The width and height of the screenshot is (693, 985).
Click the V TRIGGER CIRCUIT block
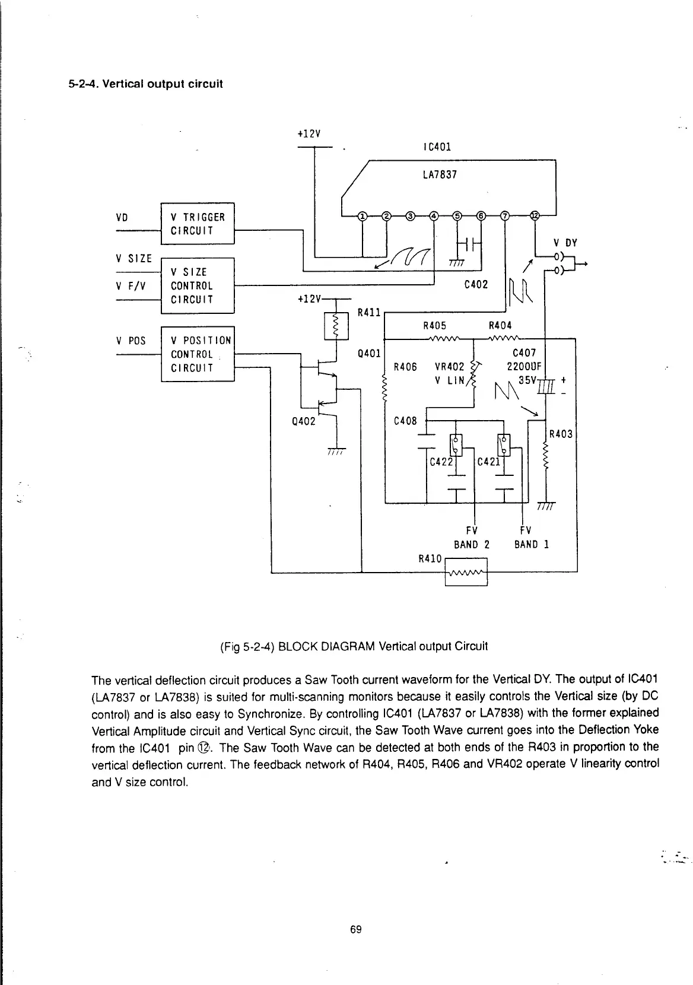198,224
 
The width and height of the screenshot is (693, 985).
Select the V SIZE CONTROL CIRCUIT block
198,285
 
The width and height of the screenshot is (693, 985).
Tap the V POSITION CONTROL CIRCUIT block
198,354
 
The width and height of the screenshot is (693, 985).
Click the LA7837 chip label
440,175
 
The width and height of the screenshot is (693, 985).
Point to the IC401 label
438,147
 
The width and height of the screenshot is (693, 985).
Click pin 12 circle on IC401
534,215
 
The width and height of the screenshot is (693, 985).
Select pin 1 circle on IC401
362,215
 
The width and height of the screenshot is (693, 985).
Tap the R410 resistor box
466,572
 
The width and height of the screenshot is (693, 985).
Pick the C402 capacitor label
476,284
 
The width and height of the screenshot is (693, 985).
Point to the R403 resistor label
561,434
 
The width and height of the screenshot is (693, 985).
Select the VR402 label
449,367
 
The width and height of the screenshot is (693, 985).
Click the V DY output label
565,242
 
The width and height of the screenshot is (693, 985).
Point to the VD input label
123,217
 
